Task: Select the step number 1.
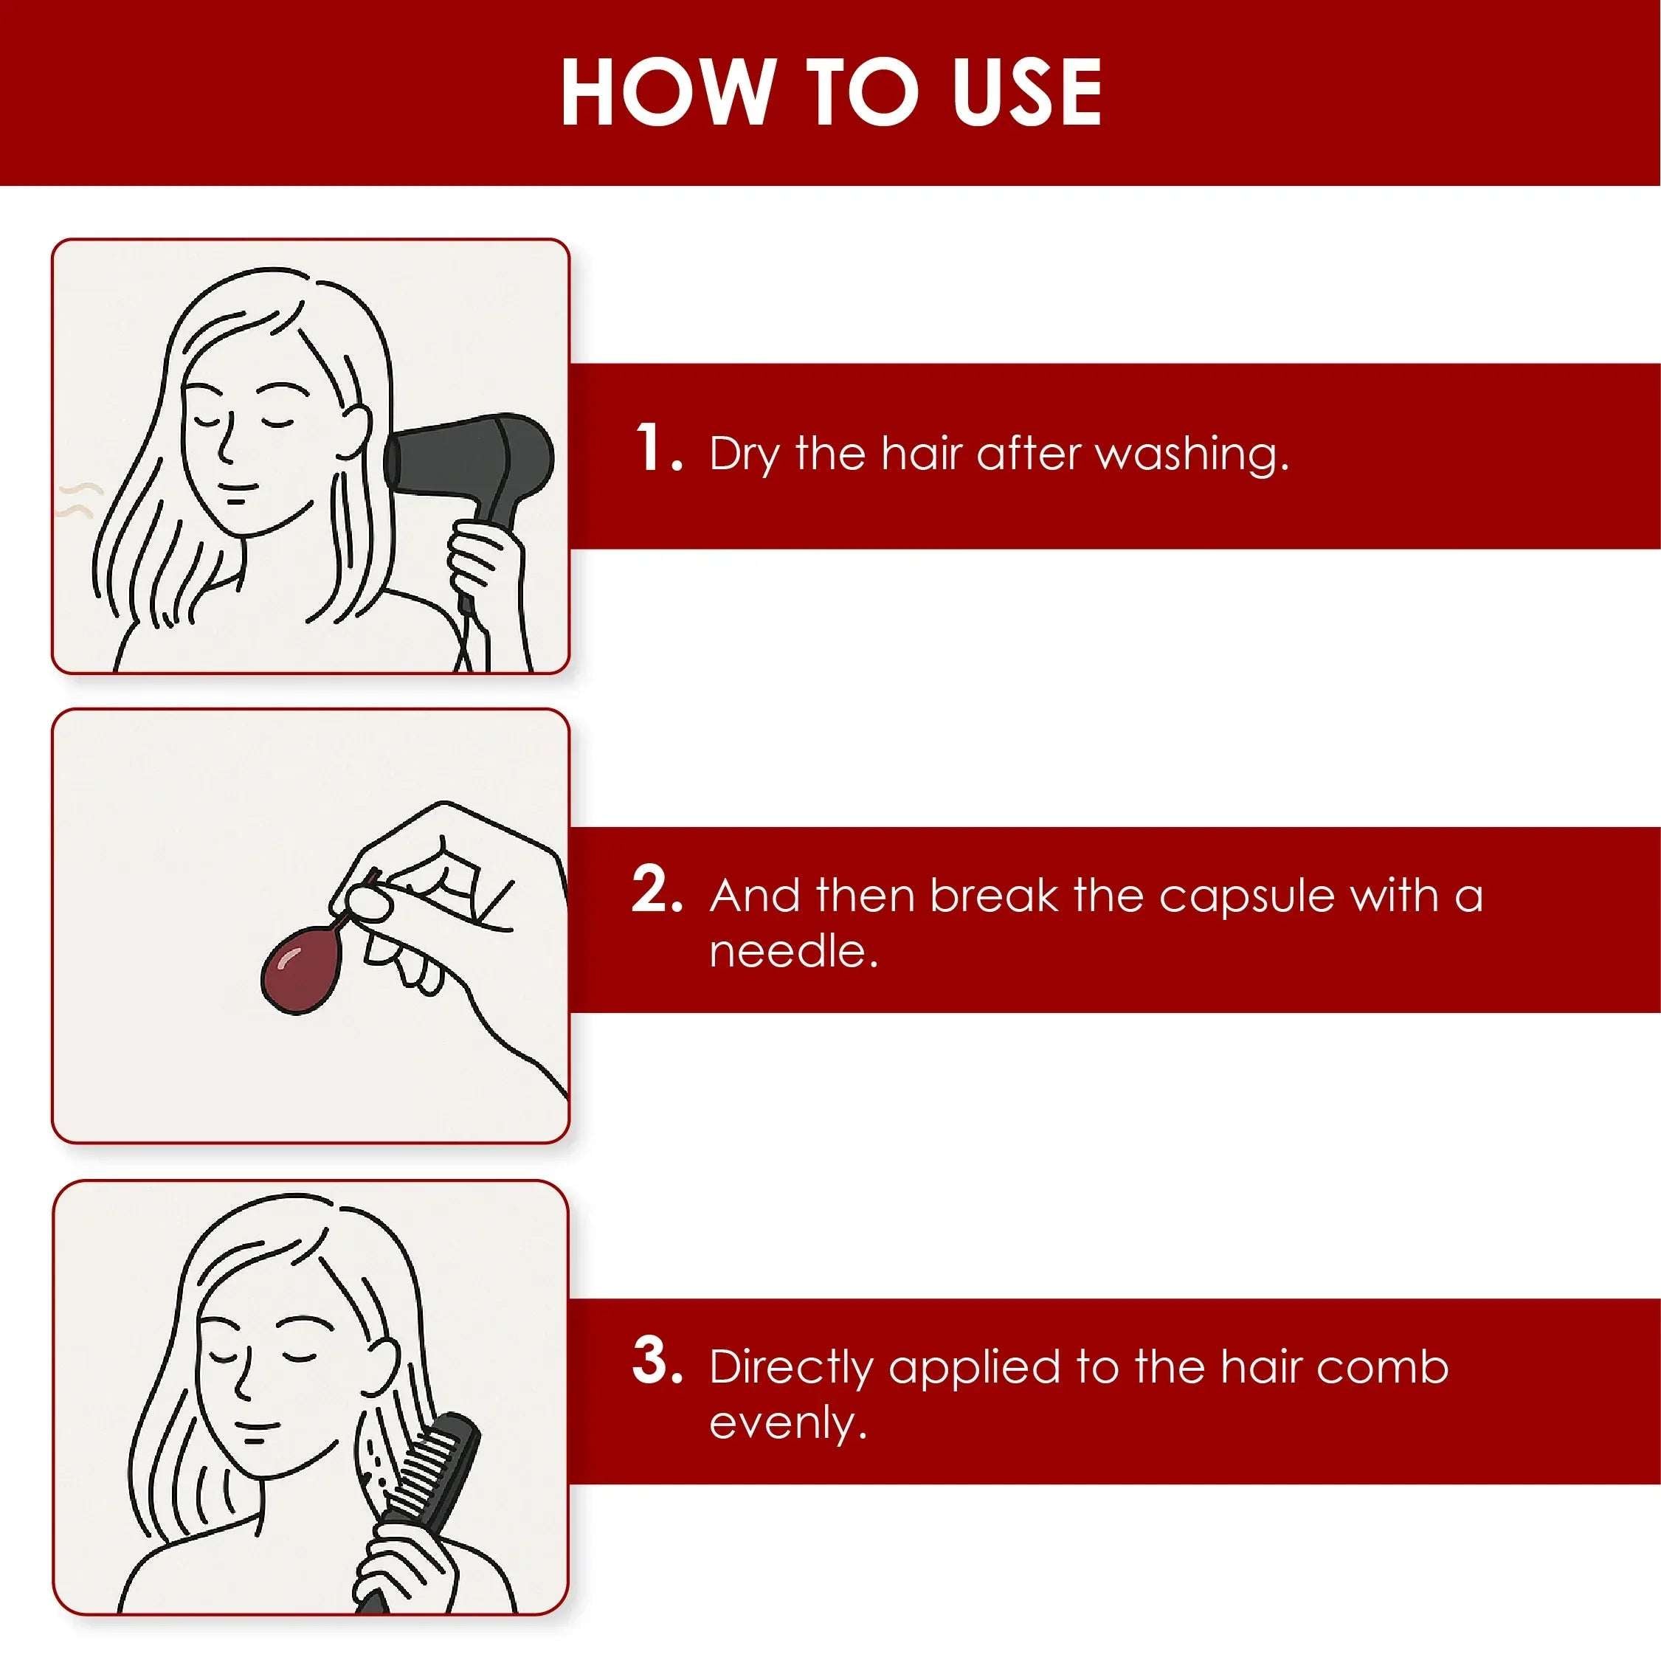[x=658, y=447]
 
